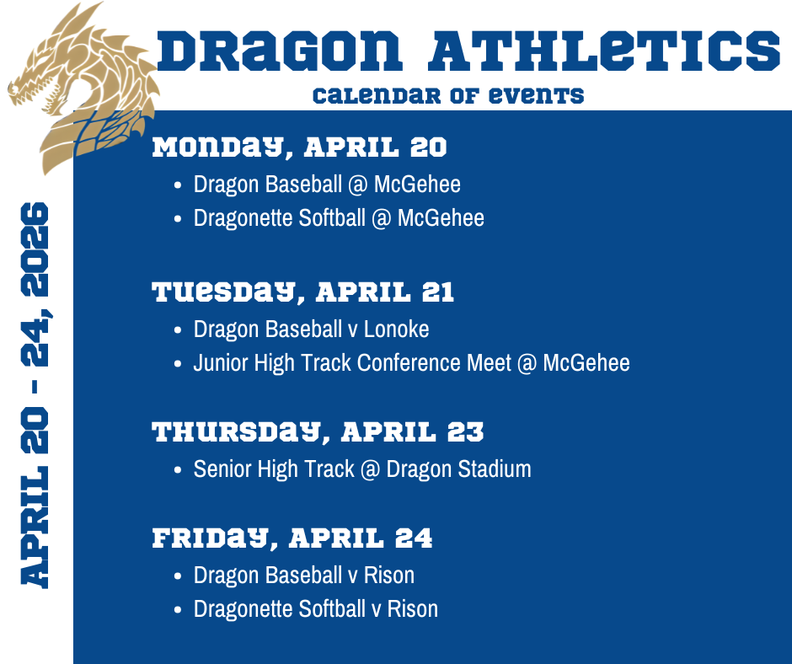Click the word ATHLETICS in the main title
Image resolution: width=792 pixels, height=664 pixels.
click(x=603, y=52)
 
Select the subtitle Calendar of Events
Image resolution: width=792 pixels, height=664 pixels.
click(x=448, y=95)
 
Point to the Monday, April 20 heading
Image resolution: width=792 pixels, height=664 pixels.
click(x=299, y=148)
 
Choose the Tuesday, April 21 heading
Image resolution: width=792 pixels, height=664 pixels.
click(x=302, y=292)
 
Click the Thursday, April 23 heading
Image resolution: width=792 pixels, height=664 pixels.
click(x=318, y=432)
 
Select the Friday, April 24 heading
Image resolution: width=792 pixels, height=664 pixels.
click(x=292, y=538)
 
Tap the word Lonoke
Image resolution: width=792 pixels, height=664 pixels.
click(x=395, y=329)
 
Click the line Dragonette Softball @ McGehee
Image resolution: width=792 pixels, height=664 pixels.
click(x=339, y=218)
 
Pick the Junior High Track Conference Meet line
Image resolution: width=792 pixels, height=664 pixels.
click(x=411, y=363)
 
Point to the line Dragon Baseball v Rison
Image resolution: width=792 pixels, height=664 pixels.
click(x=303, y=576)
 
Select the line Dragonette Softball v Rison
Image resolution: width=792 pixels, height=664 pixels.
click(x=315, y=608)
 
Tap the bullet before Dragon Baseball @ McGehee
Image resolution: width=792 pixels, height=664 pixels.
click(x=177, y=185)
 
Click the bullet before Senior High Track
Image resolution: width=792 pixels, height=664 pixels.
click(x=177, y=469)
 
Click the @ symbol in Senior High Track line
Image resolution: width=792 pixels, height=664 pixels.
click(x=370, y=469)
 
